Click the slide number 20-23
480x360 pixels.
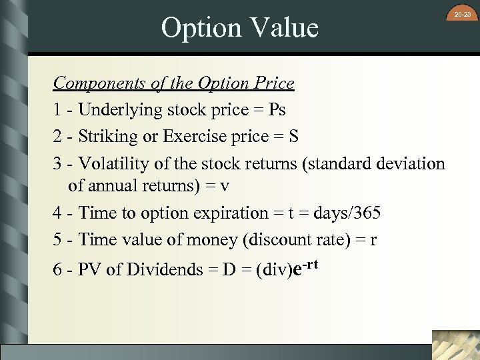click(x=461, y=13)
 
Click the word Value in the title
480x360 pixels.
click(x=283, y=28)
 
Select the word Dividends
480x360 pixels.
click(x=159, y=270)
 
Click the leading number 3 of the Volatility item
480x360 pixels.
click(x=58, y=164)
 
